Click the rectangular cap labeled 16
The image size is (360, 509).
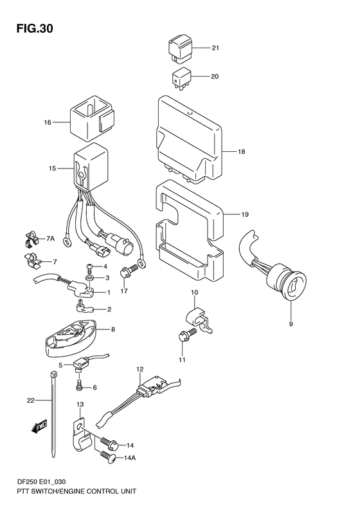pyautogui.click(x=91, y=119)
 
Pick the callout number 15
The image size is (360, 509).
pyautogui.click(x=51, y=169)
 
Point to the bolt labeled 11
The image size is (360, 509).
pyautogui.click(x=182, y=336)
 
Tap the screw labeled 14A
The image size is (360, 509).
pyautogui.click(x=108, y=458)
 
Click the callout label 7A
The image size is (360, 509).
pyautogui.click(x=50, y=239)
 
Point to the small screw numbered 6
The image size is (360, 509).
pyautogui.click(x=79, y=386)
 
